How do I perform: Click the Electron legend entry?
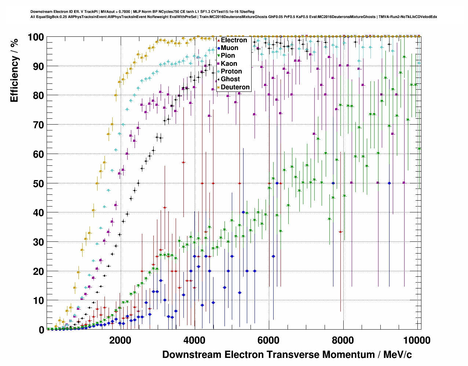point(234,40)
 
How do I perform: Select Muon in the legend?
point(229,48)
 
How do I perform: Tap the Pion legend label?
point(228,55)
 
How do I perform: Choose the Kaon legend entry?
point(229,64)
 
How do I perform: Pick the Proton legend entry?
point(231,71)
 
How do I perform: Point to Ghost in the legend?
point(230,79)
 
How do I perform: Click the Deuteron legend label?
point(235,87)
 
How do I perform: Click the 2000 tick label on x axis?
point(120,340)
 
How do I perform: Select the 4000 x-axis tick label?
point(194,340)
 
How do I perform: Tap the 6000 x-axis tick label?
point(269,340)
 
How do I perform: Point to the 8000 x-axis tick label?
point(343,340)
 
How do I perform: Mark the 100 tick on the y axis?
point(36,37)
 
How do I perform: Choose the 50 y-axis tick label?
point(39,183)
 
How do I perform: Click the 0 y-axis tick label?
point(41,330)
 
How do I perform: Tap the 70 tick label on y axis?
point(39,125)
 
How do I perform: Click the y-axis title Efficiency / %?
point(14,70)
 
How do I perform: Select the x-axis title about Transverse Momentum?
point(287,355)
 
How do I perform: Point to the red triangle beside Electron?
point(219,40)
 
